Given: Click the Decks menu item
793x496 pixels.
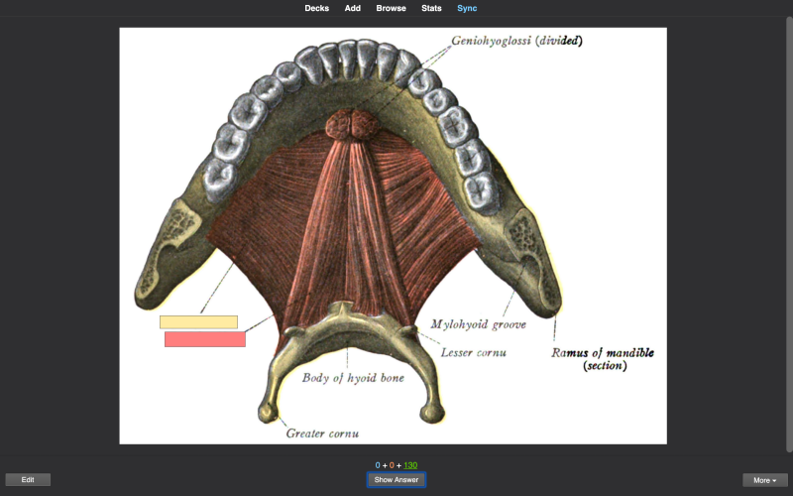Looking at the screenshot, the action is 316,8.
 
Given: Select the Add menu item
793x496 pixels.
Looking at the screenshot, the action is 353,8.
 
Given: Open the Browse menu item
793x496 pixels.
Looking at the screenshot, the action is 391,8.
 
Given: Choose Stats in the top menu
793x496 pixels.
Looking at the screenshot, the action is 431,8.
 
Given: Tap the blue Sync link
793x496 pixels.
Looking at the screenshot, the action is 467,8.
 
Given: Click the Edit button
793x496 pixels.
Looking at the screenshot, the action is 28,480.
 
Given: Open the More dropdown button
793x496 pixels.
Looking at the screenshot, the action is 764,480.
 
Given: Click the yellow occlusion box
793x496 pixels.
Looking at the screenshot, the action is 199,321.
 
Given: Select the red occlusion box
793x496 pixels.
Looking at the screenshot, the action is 205,339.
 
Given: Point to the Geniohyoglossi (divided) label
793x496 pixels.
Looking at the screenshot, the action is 516,41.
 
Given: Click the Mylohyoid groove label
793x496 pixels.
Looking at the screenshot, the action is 479,324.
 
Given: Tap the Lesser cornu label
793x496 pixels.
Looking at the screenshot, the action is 474,352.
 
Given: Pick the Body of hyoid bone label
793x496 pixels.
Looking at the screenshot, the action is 353,378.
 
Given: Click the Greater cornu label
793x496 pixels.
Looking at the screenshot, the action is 323,434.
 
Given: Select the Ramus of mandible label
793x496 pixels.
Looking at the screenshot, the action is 603,353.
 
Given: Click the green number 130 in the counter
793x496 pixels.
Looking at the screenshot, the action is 410,465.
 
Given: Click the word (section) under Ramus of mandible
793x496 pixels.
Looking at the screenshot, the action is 605,365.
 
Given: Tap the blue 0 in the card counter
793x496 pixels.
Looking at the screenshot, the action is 378,465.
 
